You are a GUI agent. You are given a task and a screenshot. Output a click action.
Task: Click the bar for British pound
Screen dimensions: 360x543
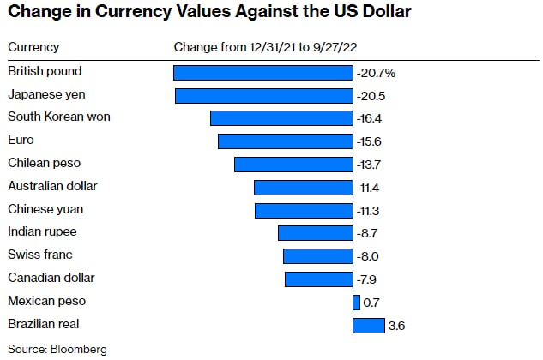[262, 73]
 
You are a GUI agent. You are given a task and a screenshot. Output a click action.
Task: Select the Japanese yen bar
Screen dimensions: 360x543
[263, 95]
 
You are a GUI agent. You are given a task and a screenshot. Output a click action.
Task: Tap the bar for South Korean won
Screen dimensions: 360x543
[281, 118]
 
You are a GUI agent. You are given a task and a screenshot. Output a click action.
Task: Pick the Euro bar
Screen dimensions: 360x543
[285, 141]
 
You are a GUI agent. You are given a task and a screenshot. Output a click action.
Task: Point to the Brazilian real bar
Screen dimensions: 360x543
[368, 325]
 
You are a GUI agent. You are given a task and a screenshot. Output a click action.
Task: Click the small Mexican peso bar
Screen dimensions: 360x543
[356, 302]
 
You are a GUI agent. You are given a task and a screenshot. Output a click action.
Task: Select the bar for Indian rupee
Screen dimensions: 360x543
[315, 233]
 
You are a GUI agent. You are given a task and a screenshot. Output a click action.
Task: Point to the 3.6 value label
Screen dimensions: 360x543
[395, 325]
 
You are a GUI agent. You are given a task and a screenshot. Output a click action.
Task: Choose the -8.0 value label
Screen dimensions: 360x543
[367, 256]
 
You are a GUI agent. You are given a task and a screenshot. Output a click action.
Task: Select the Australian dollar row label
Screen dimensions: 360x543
[52, 186]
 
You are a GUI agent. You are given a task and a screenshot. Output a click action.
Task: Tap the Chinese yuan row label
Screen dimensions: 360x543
[45, 209]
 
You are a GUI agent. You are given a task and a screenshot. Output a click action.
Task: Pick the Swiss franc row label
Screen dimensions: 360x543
[39, 255]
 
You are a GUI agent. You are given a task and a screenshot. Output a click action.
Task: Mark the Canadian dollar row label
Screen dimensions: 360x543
[51, 278]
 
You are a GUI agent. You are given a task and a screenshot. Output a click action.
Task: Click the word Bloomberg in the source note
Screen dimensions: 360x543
[78, 349]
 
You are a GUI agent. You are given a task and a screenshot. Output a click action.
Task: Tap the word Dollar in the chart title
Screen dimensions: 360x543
[379, 12]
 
